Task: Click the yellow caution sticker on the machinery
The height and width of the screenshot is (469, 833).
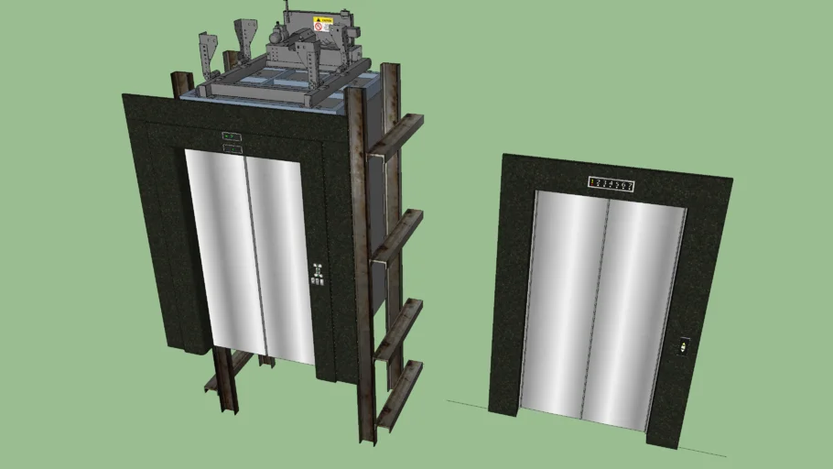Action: click(321, 22)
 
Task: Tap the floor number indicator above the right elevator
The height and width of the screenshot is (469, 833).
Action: click(611, 185)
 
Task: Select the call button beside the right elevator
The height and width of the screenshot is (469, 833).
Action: click(683, 347)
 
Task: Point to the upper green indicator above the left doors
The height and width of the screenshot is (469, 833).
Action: click(232, 137)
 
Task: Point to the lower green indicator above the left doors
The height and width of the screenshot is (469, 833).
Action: click(232, 148)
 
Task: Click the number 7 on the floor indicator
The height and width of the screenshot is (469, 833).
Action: click(630, 186)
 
